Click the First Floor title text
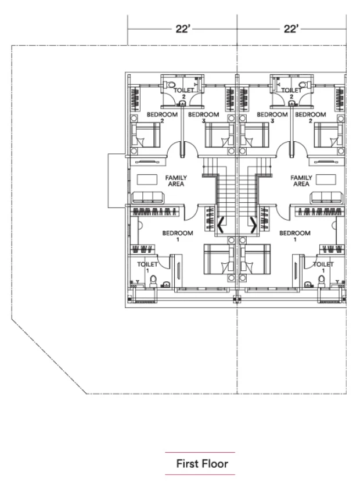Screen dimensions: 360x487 [x=202, y=463]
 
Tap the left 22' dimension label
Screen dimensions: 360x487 [x=182, y=29]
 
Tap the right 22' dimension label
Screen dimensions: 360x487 [x=291, y=29]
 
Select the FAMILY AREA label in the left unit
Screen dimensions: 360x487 [x=176, y=181]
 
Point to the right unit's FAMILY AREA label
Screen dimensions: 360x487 [x=301, y=181]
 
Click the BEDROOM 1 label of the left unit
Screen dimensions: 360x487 [x=178, y=236]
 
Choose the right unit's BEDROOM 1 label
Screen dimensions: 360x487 [x=294, y=236]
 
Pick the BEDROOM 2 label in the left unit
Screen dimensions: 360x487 [x=162, y=117]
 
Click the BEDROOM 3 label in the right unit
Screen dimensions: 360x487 [x=272, y=117]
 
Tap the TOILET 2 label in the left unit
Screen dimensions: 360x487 [x=183, y=93]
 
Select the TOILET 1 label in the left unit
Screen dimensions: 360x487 [x=147, y=267]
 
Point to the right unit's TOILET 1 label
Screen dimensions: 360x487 [x=323, y=267]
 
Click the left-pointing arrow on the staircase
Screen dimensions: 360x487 [x=221, y=224]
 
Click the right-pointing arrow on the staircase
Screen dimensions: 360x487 [x=254, y=224]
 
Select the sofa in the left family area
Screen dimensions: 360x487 [x=147, y=198]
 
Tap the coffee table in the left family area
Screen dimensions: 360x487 [x=147, y=180]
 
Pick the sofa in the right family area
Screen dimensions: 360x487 [x=327, y=198]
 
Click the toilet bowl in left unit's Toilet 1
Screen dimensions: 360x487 [x=153, y=281]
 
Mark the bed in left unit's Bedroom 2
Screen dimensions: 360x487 [x=146, y=135]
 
